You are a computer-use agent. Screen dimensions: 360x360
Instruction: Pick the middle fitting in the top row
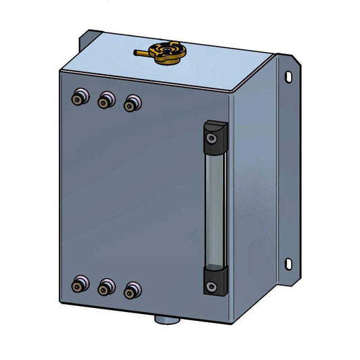[105, 101]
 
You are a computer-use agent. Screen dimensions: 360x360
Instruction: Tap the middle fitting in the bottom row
[105, 288]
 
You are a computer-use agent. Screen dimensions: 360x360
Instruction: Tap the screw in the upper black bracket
[212, 138]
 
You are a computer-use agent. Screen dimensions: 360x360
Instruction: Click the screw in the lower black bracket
[212, 287]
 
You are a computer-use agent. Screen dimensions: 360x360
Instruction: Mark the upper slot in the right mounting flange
[289, 77]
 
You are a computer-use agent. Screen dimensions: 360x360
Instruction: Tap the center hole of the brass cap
[165, 50]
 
